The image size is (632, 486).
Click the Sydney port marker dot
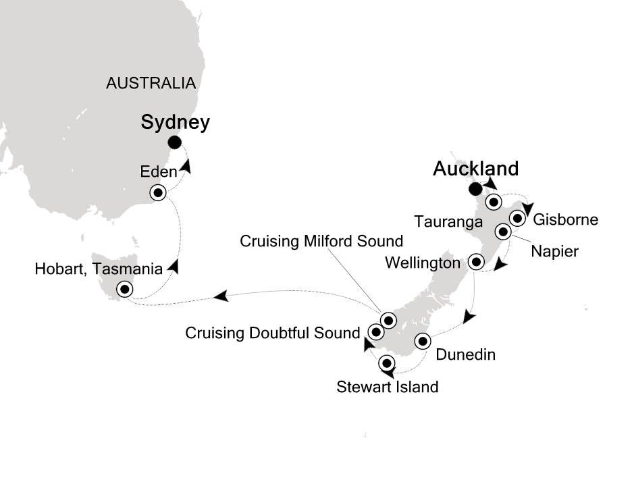(x=174, y=142)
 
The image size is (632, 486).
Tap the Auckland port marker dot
(x=476, y=188)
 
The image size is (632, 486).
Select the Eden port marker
(x=159, y=193)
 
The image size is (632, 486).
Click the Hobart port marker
(x=125, y=290)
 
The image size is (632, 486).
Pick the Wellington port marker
(x=476, y=261)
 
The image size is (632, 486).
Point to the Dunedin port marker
(x=423, y=340)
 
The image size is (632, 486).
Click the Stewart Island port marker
(x=387, y=363)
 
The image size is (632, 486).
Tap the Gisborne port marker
(x=517, y=218)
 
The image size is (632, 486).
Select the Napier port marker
(x=503, y=232)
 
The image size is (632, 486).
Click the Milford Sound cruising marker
(x=388, y=320)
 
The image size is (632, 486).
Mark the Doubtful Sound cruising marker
(x=376, y=331)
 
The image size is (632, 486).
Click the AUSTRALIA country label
(x=151, y=84)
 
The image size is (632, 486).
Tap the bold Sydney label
(x=176, y=122)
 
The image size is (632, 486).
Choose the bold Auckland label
(x=476, y=168)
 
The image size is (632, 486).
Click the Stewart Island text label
(x=388, y=387)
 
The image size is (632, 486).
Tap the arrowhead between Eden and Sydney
(x=185, y=166)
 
